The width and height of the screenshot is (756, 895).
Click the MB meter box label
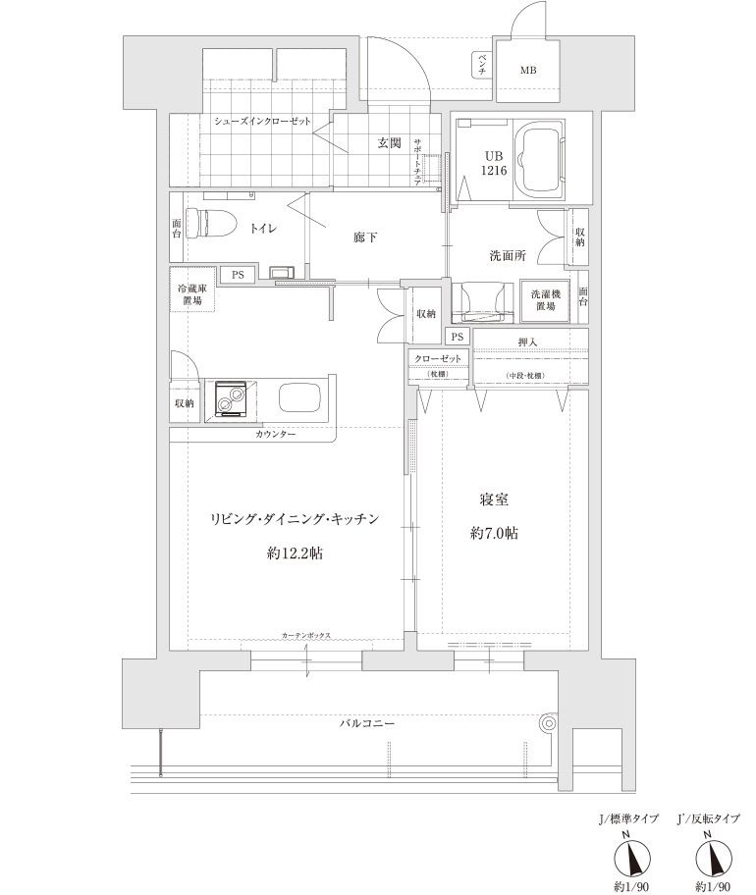pos(528,70)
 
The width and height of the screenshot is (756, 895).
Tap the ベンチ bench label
pos(481,65)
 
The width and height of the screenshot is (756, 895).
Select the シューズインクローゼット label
pos(263,121)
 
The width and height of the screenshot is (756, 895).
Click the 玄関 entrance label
pos(389,143)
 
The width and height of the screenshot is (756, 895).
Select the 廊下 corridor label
pos(366,237)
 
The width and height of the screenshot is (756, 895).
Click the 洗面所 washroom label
pos(508,255)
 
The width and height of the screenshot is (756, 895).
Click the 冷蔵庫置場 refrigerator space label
pos(191,294)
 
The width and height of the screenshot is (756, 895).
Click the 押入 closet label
pos(527,342)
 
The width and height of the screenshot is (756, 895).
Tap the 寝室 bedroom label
pos(494,500)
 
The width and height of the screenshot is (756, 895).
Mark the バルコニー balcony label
pos(367,723)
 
